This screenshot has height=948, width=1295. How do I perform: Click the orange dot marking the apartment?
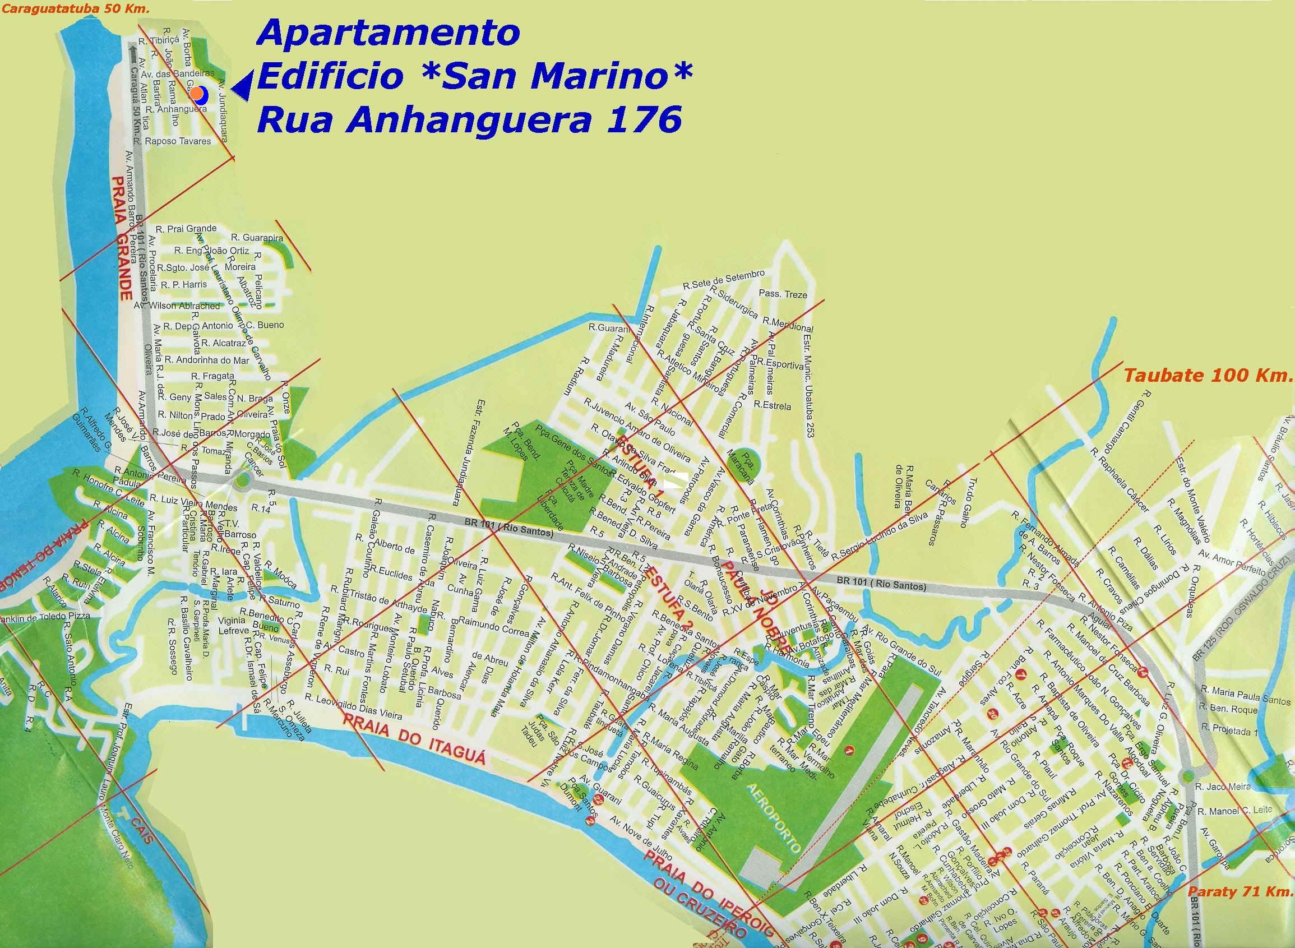(197, 93)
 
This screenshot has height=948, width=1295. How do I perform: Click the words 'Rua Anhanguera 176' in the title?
(469, 121)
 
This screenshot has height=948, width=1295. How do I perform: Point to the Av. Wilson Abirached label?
(177, 306)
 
